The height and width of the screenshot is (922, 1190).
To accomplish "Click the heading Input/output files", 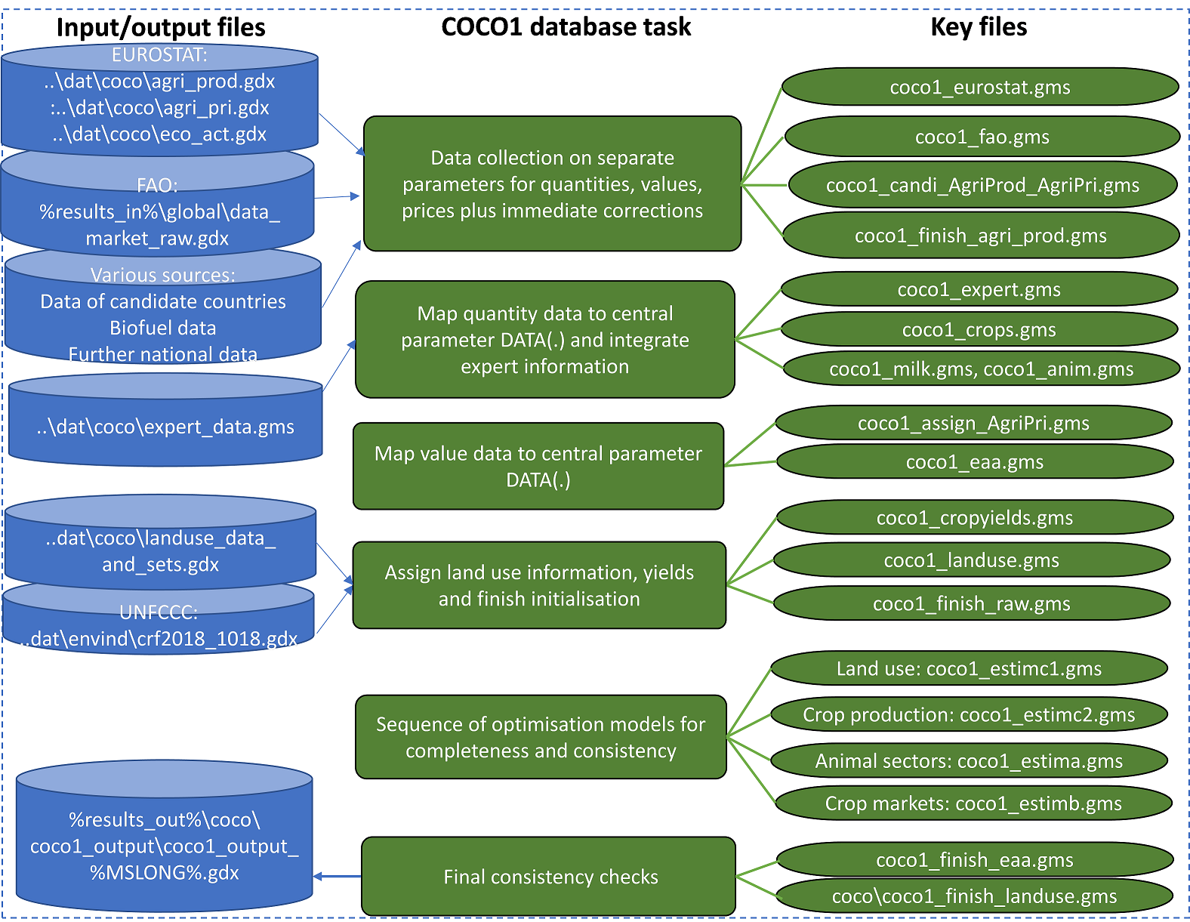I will click(161, 28).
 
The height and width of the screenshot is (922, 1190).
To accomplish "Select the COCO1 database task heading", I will click(566, 27).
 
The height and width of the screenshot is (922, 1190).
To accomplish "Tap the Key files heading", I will click(979, 27).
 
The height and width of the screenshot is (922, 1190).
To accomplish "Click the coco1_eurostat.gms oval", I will click(980, 88).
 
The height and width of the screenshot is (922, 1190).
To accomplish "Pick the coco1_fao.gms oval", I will click(982, 137).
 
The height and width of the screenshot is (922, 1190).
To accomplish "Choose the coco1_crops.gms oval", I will click(979, 330).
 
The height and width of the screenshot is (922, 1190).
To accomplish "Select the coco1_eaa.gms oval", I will click(975, 462).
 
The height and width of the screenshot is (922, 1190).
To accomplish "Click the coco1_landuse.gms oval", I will click(972, 560).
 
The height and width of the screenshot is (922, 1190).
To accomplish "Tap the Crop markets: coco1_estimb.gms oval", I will click(973, 803).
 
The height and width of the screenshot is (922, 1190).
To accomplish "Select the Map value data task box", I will click(538, 466).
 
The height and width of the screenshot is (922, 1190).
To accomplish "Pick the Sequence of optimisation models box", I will click(541, 737).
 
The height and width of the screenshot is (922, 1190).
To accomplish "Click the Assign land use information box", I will click(539, 585).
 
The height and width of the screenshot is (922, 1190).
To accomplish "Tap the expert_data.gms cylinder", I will click(165, 427).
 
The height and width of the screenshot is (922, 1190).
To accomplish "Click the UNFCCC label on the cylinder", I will click(158, 612).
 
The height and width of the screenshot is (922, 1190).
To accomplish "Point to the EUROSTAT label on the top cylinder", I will click(159, 55).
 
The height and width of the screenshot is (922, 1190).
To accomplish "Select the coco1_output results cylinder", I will click(165, 846).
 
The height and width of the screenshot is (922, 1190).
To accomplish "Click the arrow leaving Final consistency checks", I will click(338, 877).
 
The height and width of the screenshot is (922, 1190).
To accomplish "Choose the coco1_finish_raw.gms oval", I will click(972, 604).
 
